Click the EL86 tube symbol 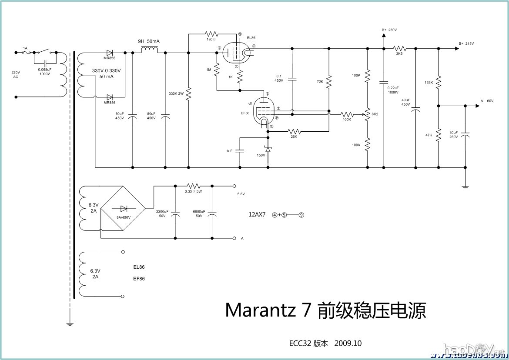tap(234, 53)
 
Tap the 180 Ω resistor tap(211, 33)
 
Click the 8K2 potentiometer tap(368, 114)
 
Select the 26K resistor tap(295, 131)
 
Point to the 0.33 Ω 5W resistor tap(193, 185)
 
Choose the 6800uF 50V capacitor tap(212, 214)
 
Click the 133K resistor tap(438, 81)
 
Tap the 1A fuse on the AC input tap(26, 52)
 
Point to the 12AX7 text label tap(257, 214)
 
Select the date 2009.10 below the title tap(348, 343)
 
